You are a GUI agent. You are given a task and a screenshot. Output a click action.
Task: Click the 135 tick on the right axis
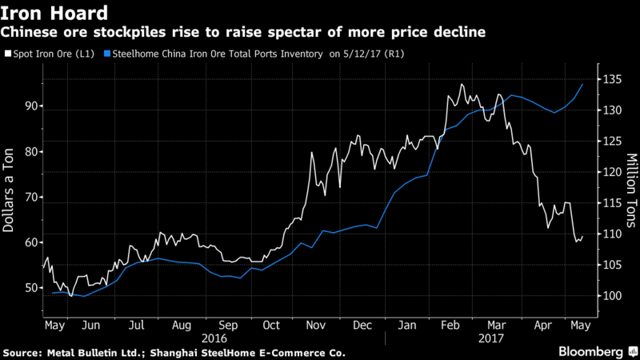611,80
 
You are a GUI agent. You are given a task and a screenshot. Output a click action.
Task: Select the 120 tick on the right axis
611,172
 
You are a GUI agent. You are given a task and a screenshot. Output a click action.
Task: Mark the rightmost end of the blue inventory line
582,84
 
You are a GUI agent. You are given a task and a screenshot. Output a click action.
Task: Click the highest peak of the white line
462,84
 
